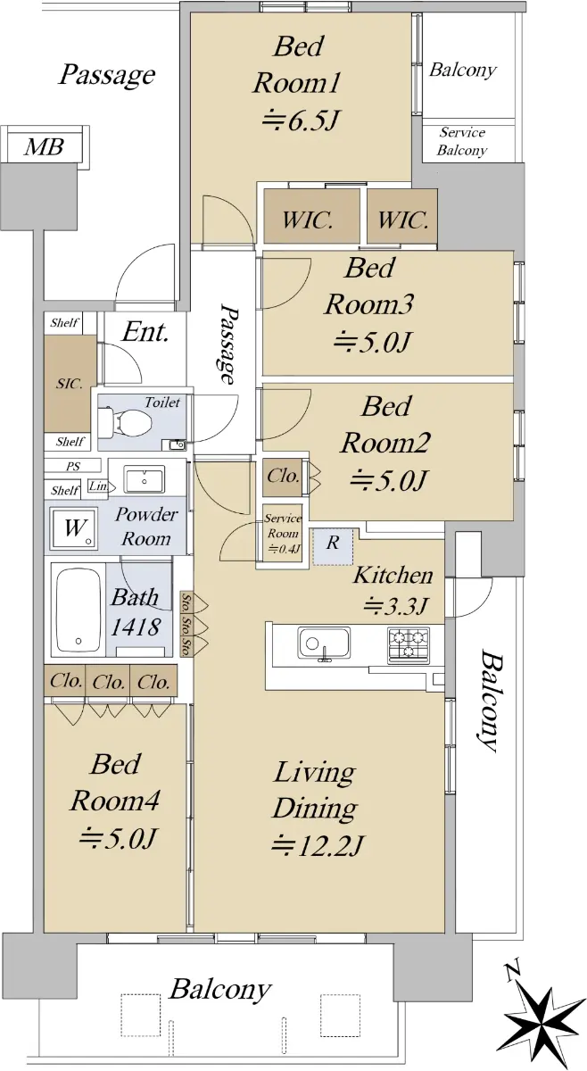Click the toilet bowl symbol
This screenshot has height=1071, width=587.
(x=126, y=421)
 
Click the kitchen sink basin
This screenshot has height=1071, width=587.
(x=324, y=642)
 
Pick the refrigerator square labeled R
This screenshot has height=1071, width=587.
(x=333, y=547)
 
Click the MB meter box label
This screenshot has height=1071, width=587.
(x=44, y=146)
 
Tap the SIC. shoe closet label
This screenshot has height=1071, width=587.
(x=70, y=384)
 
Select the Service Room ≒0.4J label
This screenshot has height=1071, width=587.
(x=283, y=533)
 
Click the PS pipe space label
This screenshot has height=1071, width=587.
(x=73, y=466)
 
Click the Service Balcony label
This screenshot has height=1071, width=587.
(x=462, y=142)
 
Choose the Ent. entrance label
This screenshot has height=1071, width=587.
(x=145, y=332)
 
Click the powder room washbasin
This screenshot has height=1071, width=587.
(x=144, y=479)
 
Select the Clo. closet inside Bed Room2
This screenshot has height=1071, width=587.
(x=283, y=477)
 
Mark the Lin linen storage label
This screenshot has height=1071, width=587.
(x=98, y=486)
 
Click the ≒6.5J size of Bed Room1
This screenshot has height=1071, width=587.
(x=301, y=120)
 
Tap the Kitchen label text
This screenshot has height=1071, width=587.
(x=393, y=575)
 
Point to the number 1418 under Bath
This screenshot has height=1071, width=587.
(x=136, y=627)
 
